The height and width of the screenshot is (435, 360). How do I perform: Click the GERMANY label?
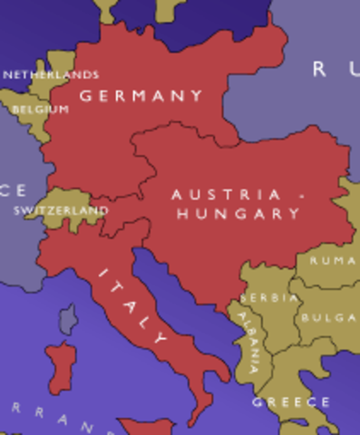click(x=141, y=95)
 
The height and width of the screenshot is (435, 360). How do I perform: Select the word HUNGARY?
click(x=238, y=214)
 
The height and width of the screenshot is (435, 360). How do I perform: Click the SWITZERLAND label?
click(x=61, y=210)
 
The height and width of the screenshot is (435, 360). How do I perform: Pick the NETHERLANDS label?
click(x=51, y=74)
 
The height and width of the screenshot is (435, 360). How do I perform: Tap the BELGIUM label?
click(x=40, y=109)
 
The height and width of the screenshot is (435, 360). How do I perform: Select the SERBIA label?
click(x=270, y=297)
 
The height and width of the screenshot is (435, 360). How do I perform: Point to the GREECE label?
click(x=291, y=401)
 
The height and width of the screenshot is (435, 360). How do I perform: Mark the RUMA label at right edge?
click(x=333, y=260)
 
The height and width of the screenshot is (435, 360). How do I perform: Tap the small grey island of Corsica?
click(x=68, y=318)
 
